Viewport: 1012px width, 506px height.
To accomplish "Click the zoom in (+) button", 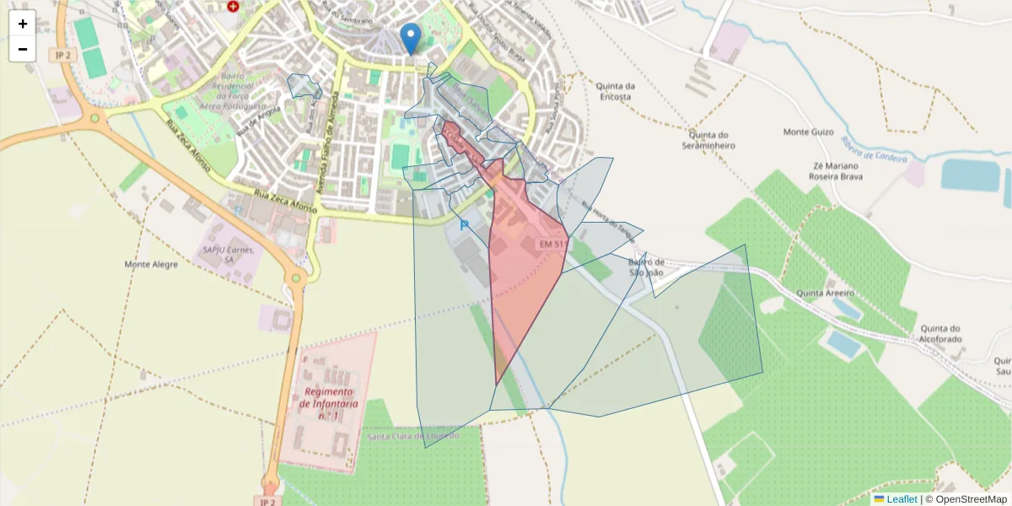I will coord(23,24).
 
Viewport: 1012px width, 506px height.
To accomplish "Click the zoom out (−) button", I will coord(23,49).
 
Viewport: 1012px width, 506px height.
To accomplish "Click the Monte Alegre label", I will coord(151,264).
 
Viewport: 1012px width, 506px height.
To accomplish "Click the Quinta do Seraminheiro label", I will coord(708,140).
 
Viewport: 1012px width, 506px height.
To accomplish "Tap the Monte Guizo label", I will coord(808,132).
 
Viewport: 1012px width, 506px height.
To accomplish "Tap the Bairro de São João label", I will coord(647,267).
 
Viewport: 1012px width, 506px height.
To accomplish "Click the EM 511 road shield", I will coord(553,244).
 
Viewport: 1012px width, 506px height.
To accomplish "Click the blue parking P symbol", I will coord(464,225).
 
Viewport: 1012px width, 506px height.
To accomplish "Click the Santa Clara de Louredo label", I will coord(413,436).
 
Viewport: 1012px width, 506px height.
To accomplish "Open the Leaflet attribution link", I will coord(902,499).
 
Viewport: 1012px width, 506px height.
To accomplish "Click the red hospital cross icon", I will coord(233,6).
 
